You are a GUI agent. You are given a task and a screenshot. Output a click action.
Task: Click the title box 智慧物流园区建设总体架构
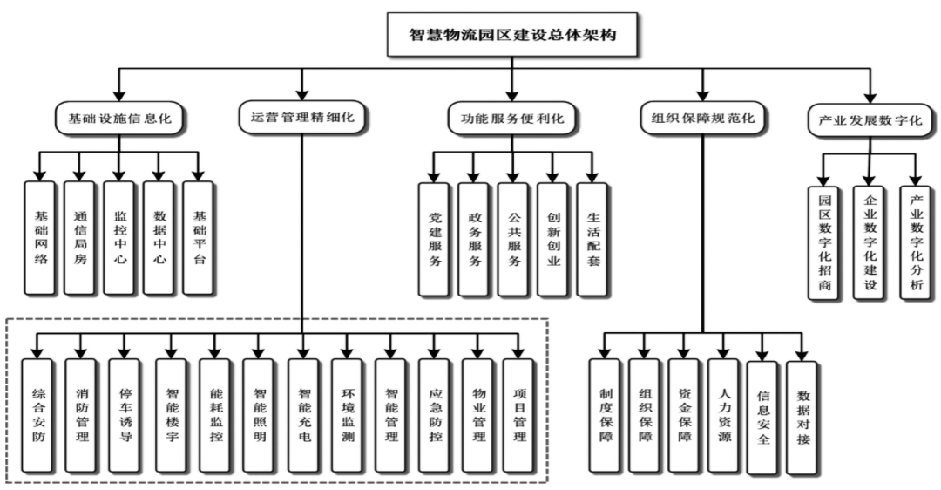pyautogui.click(x=513, y=36)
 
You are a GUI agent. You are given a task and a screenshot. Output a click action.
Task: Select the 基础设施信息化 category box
pyautogui.click(x=118, y=118)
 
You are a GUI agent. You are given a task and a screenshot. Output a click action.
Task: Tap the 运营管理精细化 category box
pyautogui.click(x=302, y=118)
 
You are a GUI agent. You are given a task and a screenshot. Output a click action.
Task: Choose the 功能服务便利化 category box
pyautogui.click(x=512, y=118)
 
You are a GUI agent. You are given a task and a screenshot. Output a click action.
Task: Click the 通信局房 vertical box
pyautogui.click(x=79, y=237)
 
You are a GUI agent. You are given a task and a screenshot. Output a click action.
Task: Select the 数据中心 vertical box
pyautogui.click(x=159, y=237)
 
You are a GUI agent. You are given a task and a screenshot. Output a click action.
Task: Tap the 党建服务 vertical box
pyautogui.click(x=434, y=238)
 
